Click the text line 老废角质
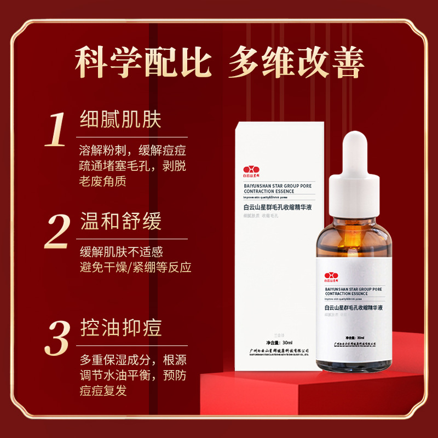point(103,181)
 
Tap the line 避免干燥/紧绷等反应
point(135,268)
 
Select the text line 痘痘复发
point(103,391)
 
